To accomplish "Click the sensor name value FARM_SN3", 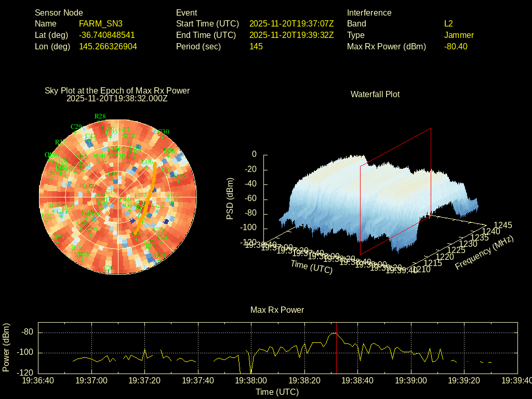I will click(101, 23).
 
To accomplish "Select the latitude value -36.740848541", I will click(107, 35).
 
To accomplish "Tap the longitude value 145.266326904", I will click(108, 46).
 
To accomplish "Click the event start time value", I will click(291, 23).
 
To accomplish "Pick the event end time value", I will click(291, 35).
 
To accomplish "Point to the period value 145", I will click(256, 46).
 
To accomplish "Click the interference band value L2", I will click(449, 23).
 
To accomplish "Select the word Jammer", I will click(459, 35).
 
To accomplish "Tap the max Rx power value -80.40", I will click(456, 46).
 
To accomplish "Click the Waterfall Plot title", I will click(375, 94).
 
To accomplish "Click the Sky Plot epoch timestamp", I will click(117, 98).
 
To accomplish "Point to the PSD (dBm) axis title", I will click(230, 198).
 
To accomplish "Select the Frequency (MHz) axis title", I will click(484, 252).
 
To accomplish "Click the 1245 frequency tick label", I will click(503, 225).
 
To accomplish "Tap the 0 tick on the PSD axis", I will click(254, 154).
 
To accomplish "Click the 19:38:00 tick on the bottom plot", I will click(251, 380).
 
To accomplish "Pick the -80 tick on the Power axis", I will click(28, 332).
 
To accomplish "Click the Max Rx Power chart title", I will click(277, 310).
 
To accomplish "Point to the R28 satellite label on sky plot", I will click(100, 116).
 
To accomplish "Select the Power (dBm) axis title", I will click(6, 347).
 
